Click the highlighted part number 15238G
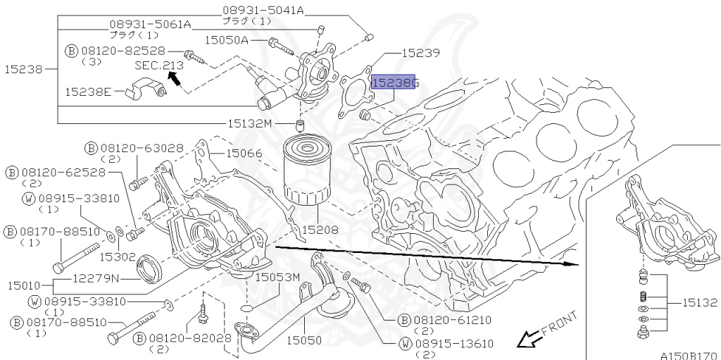(x=395, y=83)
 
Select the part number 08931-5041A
(x=263, y=10)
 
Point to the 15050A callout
(x=226, y=41)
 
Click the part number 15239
(x=420, y=52)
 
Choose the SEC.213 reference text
(x=159, y=65)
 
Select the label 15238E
(x=88, y=92)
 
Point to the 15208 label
(x=320, y=230)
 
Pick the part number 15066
(x=244, y=152)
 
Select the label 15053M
(x=277, y=277)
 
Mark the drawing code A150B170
(x=688, y=354)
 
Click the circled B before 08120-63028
(x=92, y=148)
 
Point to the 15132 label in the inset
(x=698, y=303)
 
